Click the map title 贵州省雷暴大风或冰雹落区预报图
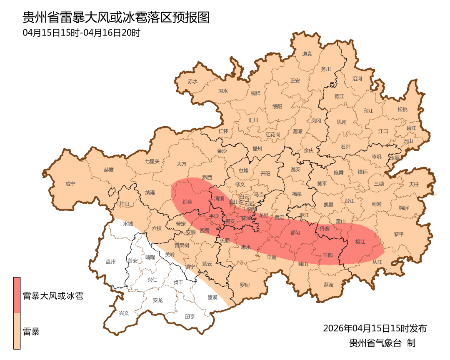click(115, 18)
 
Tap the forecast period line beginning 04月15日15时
click(81, 33)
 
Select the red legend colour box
click(17, 295)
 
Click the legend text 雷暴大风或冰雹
click(52, 296)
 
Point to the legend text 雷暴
click(31, 332)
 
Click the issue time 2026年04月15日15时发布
click(375, 328)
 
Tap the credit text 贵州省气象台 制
click(382, 343)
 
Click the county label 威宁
click(71, 184)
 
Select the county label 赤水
click(192, 82)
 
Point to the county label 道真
click(307, 54)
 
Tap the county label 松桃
click(402, 109)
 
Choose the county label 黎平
click(399, 234)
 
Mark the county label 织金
click(187, 202)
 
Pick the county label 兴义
click(124, 313)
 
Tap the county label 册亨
click(190, 316)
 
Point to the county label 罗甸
click(245, 285)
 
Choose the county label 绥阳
click(277, 106)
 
